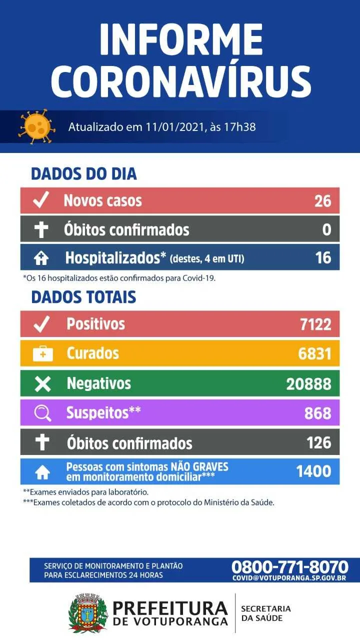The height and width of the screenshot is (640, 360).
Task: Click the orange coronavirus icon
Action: tap(37, 126)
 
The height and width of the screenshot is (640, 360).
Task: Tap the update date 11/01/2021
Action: tap(174, 127)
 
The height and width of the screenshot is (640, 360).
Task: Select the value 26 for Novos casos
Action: tap(323, 201)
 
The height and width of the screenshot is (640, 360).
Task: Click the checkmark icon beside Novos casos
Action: tap(41, 199)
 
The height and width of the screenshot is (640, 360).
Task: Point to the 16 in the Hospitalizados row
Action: tap(323, 257)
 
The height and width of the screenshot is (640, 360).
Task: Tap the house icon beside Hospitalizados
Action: tap(41, 258)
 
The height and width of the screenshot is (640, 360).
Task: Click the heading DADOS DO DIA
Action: tap(83, 174)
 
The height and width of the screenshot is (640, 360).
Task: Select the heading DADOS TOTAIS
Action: tap(83, 297)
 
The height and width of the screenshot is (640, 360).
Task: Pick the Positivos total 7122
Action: tap(315, 324)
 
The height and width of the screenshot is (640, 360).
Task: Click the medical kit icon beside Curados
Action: tap(43, 353)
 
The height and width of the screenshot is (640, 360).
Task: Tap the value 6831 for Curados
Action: tap(315, 353)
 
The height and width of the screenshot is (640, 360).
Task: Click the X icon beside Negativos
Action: tap(43, 383)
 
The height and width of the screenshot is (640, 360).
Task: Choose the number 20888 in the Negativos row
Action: tap(309, 383)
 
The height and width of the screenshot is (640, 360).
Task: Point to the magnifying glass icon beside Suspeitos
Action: tap(42, 413)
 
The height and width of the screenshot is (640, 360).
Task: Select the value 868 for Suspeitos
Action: tap(318, 413)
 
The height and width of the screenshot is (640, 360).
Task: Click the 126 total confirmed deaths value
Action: tap(319, 442)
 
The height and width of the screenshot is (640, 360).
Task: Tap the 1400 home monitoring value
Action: tap(313, 471)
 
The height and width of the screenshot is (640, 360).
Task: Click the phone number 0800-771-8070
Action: tap(289, 566)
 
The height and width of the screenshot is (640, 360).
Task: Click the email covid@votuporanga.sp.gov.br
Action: tap(289, 578)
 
